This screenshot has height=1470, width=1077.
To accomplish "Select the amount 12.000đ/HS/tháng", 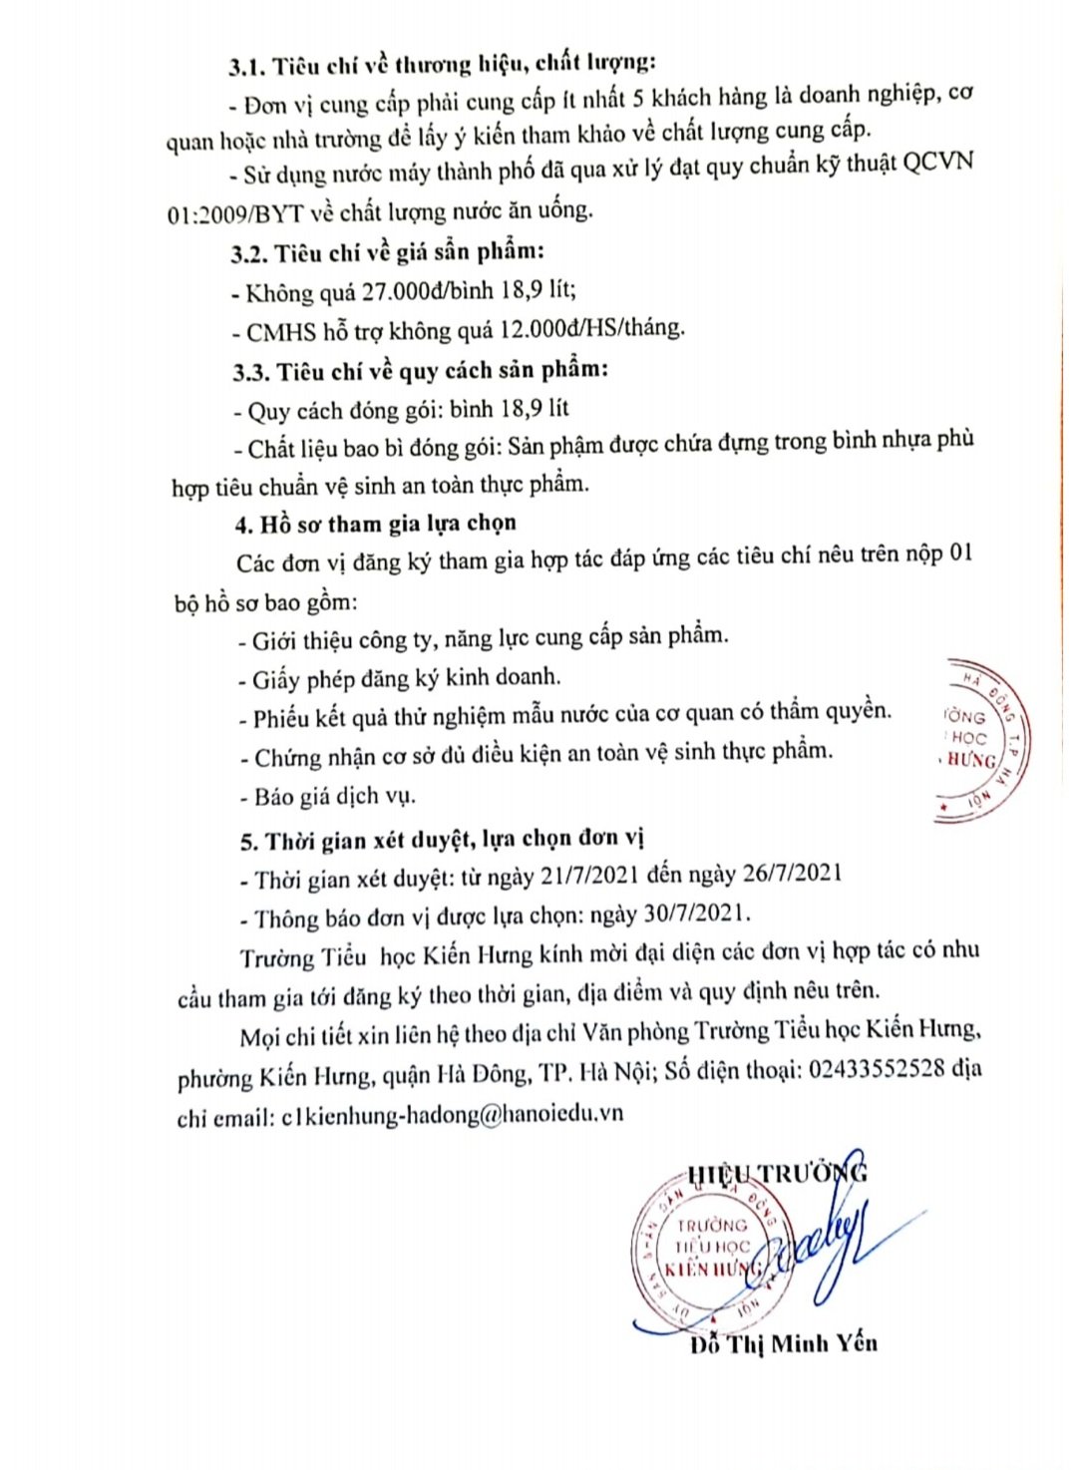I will pos(597,328).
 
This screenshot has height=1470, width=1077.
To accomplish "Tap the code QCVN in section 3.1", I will pos(936,163).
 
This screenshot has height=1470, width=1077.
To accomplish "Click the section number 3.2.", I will pos(249,253).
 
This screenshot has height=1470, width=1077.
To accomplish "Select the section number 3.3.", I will pos(251,373).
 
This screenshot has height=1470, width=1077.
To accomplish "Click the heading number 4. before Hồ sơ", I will pos(244,526).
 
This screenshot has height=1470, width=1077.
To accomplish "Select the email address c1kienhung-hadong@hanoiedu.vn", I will pos(452,1115).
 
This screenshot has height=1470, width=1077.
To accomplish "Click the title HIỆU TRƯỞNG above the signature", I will pos(777,1173).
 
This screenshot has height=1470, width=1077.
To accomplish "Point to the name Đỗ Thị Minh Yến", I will pos(784,1344).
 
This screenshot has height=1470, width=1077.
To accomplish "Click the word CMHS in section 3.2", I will pos(281,332).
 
